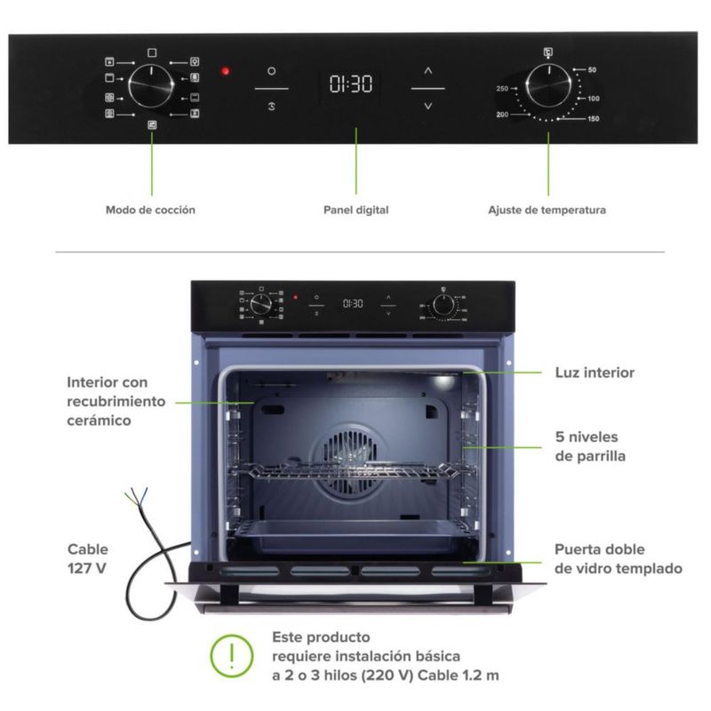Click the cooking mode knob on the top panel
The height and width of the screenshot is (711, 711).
pyautogui.click(x=150, y=87)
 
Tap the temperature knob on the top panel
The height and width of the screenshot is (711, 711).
pyautogui.click(x=547, y=87)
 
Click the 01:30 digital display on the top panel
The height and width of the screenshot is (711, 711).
pyautogui.click(x=351, y=86)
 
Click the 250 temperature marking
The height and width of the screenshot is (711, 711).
pyautogui.click(x=502, y=89)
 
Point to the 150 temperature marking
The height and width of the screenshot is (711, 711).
pyautogui.click(x=593, y=118)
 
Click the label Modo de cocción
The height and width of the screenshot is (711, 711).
pyautogui.click(x=150, y=211)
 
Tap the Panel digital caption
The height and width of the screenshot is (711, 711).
pyautogui.click(x=355, y=211)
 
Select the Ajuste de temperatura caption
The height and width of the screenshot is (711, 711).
pyautogui.click(x=547, y=211)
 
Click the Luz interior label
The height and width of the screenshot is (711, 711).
pyautogui.click(x=595, y=372)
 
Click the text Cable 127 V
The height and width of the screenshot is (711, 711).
pyautogui.click(x=87, y=557)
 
